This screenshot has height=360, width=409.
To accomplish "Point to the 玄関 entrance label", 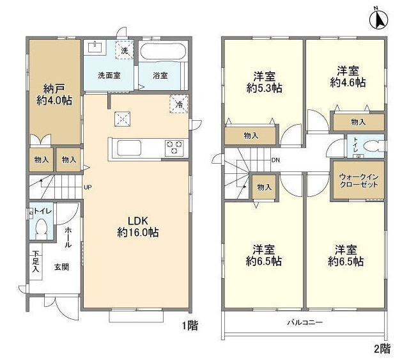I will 61,267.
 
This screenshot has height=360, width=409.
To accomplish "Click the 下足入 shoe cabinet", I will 35,262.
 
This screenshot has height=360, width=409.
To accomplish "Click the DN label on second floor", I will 275,160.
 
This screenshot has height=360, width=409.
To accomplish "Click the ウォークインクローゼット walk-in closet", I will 357,180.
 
